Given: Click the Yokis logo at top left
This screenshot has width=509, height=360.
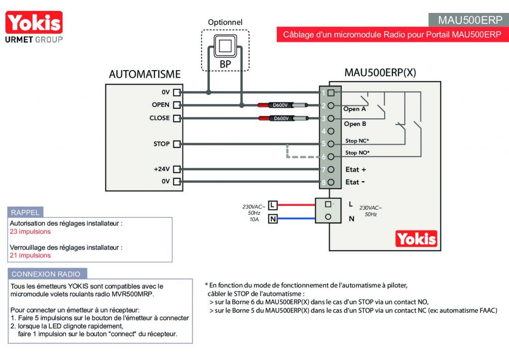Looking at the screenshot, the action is pos(34,27).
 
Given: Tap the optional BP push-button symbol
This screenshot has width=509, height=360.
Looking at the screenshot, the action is pos(225,46).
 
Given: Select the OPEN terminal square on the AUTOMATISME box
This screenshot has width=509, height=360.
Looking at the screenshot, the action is pos(176,105).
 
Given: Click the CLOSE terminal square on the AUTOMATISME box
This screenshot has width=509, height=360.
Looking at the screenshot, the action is pos(176,118).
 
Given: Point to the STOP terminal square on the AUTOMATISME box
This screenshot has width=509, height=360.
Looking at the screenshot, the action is pos(176,144).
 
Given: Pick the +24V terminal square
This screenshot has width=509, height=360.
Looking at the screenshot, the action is pos(176,169).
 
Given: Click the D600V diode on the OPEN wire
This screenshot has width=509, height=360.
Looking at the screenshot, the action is pos(282,105).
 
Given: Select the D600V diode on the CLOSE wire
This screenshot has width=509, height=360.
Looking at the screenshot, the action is pos(283,118).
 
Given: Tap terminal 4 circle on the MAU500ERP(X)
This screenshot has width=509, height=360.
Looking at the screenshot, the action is pos(331,131).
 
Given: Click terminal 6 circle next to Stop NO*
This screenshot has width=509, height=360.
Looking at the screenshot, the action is pos(331,157).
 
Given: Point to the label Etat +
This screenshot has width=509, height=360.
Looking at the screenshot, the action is pos(355,170).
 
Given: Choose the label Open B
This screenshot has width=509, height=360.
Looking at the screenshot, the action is pos(355,124).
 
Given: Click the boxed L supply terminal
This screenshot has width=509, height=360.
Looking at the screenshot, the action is pos(273,205).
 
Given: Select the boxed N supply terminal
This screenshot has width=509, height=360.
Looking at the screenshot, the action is pos(273,219).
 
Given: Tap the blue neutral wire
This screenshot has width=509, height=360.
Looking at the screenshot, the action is pos(296,218).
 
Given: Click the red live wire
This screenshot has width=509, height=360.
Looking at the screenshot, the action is pos(296,205).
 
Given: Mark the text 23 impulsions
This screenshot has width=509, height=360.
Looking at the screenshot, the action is pos(30,231).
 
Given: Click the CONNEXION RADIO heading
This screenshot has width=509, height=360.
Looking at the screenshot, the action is pos(46,274).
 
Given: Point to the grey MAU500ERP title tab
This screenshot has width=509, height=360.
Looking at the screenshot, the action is pos(468,20).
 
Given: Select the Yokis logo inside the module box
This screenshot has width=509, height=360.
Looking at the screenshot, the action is pos(416,239).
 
